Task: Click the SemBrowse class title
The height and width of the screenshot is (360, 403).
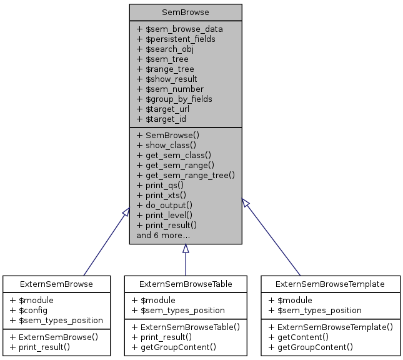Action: point(186,12)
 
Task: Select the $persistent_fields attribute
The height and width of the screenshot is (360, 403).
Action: point(176,39)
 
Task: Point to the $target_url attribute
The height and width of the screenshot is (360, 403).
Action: point(162,109)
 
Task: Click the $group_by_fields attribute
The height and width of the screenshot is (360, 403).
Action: point(174,99)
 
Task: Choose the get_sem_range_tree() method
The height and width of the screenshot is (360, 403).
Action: point(186,175)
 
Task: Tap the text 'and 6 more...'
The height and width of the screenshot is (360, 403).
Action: point(163,235)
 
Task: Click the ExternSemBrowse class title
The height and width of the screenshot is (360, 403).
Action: point(56,284)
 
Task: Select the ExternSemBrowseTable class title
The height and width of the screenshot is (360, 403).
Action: point(186,284)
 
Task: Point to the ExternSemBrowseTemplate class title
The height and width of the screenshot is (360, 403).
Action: point(330,284)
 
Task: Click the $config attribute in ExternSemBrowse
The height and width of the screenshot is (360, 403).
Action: point(32,310)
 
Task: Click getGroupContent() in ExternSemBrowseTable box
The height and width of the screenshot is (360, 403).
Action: point(174,347)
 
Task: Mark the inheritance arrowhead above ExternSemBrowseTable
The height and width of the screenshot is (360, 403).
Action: point(186,249)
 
